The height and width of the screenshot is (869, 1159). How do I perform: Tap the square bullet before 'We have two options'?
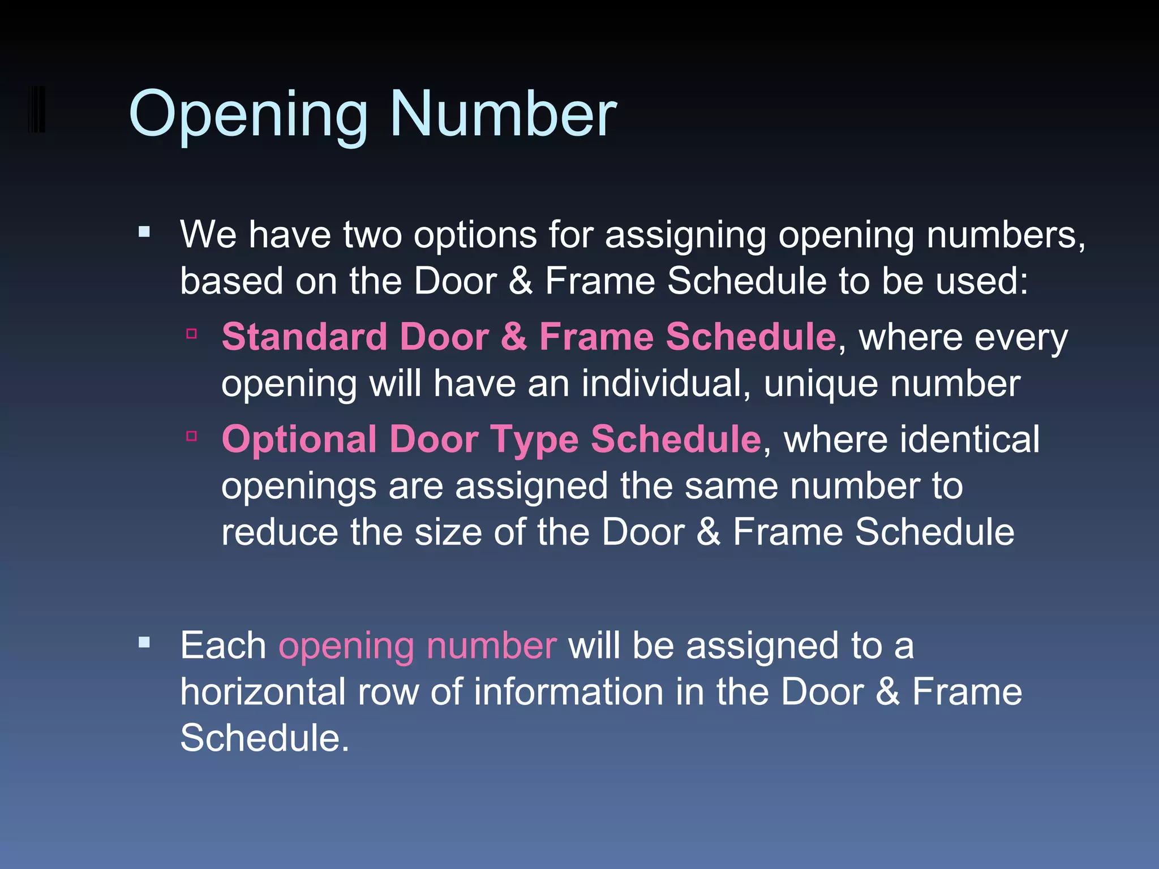tap(144, 231)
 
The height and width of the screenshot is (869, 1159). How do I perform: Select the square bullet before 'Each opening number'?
tap(144, 642)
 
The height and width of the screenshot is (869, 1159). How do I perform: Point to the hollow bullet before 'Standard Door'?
tap(192, 334)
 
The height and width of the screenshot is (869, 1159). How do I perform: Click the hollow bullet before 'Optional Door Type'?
tap(192, 436)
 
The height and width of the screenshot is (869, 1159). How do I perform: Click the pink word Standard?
tap(304, 337)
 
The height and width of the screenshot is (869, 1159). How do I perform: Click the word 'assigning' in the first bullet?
tap(685, 235)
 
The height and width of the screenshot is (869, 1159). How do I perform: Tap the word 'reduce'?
tap(280, 532)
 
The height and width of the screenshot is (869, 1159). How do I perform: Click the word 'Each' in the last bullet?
tap(223, 646)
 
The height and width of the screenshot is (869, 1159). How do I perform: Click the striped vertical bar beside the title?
tap(36, 109)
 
